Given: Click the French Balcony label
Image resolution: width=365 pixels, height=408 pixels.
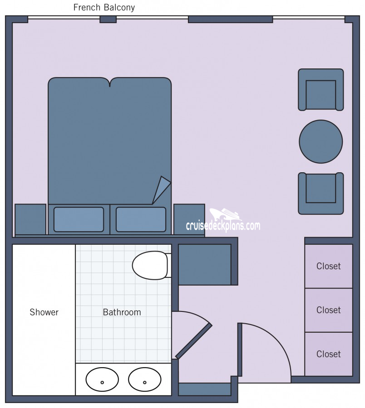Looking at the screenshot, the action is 104,7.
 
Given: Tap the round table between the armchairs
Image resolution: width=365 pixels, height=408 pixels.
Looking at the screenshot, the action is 321,141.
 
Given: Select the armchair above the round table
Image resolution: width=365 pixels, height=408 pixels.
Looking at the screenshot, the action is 321,90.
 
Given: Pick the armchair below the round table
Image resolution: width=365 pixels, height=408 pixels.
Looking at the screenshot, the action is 321,193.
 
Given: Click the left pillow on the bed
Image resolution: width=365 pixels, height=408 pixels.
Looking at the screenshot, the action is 79,219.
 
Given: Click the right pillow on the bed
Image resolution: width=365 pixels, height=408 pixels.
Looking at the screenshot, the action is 141,219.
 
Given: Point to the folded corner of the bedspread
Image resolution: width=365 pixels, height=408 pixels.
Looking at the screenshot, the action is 161,189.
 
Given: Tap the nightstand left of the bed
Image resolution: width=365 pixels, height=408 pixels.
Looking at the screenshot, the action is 30,219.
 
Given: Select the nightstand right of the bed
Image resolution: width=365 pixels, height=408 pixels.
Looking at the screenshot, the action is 189,219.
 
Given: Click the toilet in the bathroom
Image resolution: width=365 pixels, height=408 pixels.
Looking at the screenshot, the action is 152,265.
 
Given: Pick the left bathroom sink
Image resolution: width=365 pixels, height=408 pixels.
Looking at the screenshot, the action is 102,379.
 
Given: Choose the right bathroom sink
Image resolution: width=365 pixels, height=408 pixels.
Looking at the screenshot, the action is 145,379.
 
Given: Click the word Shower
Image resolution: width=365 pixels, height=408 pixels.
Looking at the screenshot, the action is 44,312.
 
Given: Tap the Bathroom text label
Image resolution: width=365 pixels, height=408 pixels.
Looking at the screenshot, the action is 122,312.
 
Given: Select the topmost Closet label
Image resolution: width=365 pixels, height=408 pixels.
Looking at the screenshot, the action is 329,266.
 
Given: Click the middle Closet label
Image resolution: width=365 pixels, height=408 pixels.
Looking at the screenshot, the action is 329,310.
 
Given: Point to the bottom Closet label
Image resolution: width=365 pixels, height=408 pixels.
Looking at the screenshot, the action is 329,354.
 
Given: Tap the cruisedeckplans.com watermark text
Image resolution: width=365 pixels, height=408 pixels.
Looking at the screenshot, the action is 223,226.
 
